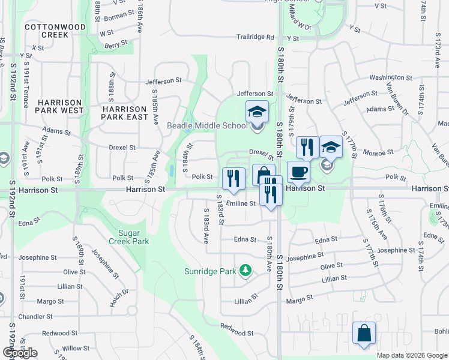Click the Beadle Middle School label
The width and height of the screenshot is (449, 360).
pyautogui.click(x=206, y=125)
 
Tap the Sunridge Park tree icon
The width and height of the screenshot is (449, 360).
pyautogui.click(x=245, y=271)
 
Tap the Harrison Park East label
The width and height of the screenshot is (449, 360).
pyautogui.click(x=125, y=113)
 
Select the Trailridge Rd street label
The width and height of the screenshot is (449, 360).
pyautogui.click(x=255, y=37)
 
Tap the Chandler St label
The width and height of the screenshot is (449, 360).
pyautogui.click(x=35, y=316)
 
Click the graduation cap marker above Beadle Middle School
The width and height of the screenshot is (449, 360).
pyautogui.click(x=257, y=112)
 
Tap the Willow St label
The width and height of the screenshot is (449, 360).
pyautogui.click(x=76, y=348)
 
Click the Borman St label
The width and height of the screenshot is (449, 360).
pyautogui.click(x=119, y=17)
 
